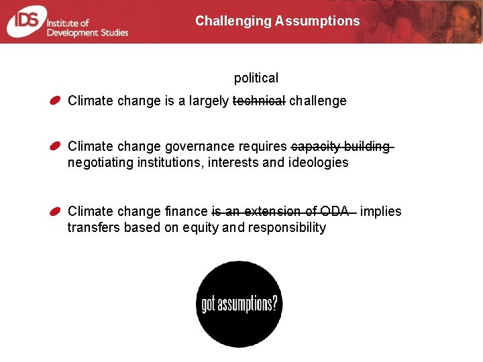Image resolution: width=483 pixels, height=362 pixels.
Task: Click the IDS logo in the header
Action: pyautogui.click(x=24, y=21)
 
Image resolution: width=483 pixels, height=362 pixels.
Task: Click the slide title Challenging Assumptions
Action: pyautogui.click(x=277, y=21)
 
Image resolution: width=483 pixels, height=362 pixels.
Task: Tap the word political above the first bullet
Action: pyautogui.click(x=256, y=78)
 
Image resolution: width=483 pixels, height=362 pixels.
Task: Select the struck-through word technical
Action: pyautogui.click(x=259, y=101)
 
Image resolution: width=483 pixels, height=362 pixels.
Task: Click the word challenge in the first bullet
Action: pyautogui.click(x=317, y=101)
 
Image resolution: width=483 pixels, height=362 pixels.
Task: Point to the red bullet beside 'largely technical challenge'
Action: pyautogui.click(x=56, y=101)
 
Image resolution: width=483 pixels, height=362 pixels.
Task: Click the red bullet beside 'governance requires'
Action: pyautogui.click(x=56, y=146)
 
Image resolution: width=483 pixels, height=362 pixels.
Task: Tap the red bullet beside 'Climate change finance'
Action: pyautogui.click(x=56, y=211)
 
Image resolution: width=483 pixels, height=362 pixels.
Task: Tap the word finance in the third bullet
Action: pyautogui.click(x=186, y=212)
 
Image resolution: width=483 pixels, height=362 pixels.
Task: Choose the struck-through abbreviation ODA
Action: pyautogui.click(x=335, y=212)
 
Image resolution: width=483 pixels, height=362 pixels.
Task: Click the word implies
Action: pyautogui.click(x=380, y=212)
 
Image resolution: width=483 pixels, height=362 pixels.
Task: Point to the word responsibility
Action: pyautogui.click(x=286, y=227)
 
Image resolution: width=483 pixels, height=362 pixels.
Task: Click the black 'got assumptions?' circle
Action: pyautogui.click(x=239, y=304)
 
